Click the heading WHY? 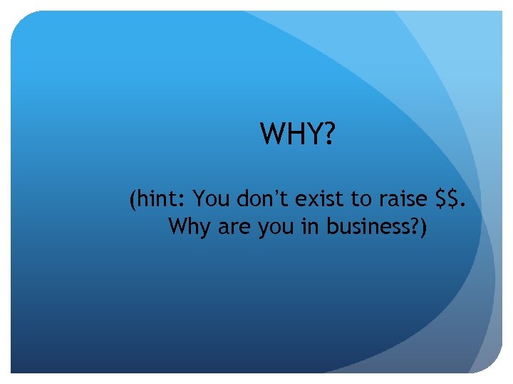pyautogui.click(x=297, y=133)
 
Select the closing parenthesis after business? pyautogui.click(x=423, y=228)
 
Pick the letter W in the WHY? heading pyautogui.click(x=274, y=133)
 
